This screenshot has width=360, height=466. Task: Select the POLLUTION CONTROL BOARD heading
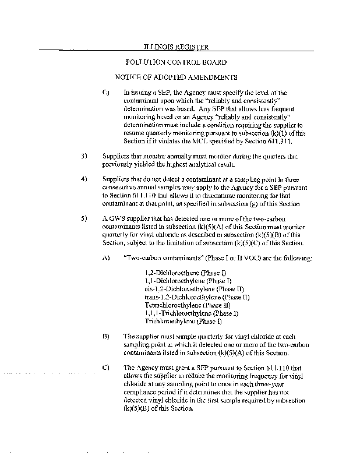pos(176,62)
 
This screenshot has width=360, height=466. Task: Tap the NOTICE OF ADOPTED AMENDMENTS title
pos(176,77)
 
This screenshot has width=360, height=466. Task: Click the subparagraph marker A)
pos(105,257)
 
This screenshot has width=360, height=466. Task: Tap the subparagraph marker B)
pos(105,336)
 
